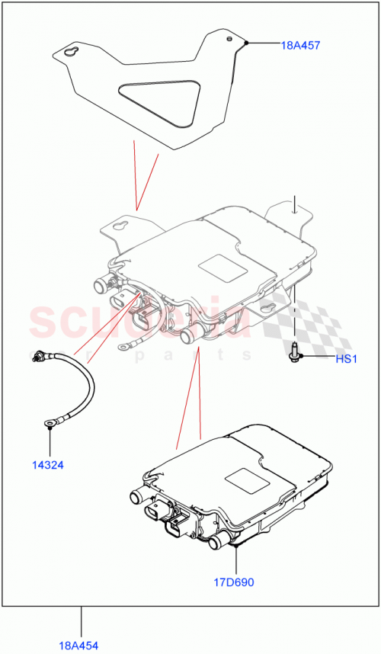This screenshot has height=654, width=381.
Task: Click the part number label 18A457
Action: pyautogui.click(x=301, y=45)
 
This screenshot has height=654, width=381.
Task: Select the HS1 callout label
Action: pyautogui.click(x=347, y=359)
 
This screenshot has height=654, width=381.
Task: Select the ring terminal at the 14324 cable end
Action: pyautogui.click(x=50, y=419)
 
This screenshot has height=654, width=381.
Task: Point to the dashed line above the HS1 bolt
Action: pyautogui.click(x=295, y=313)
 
